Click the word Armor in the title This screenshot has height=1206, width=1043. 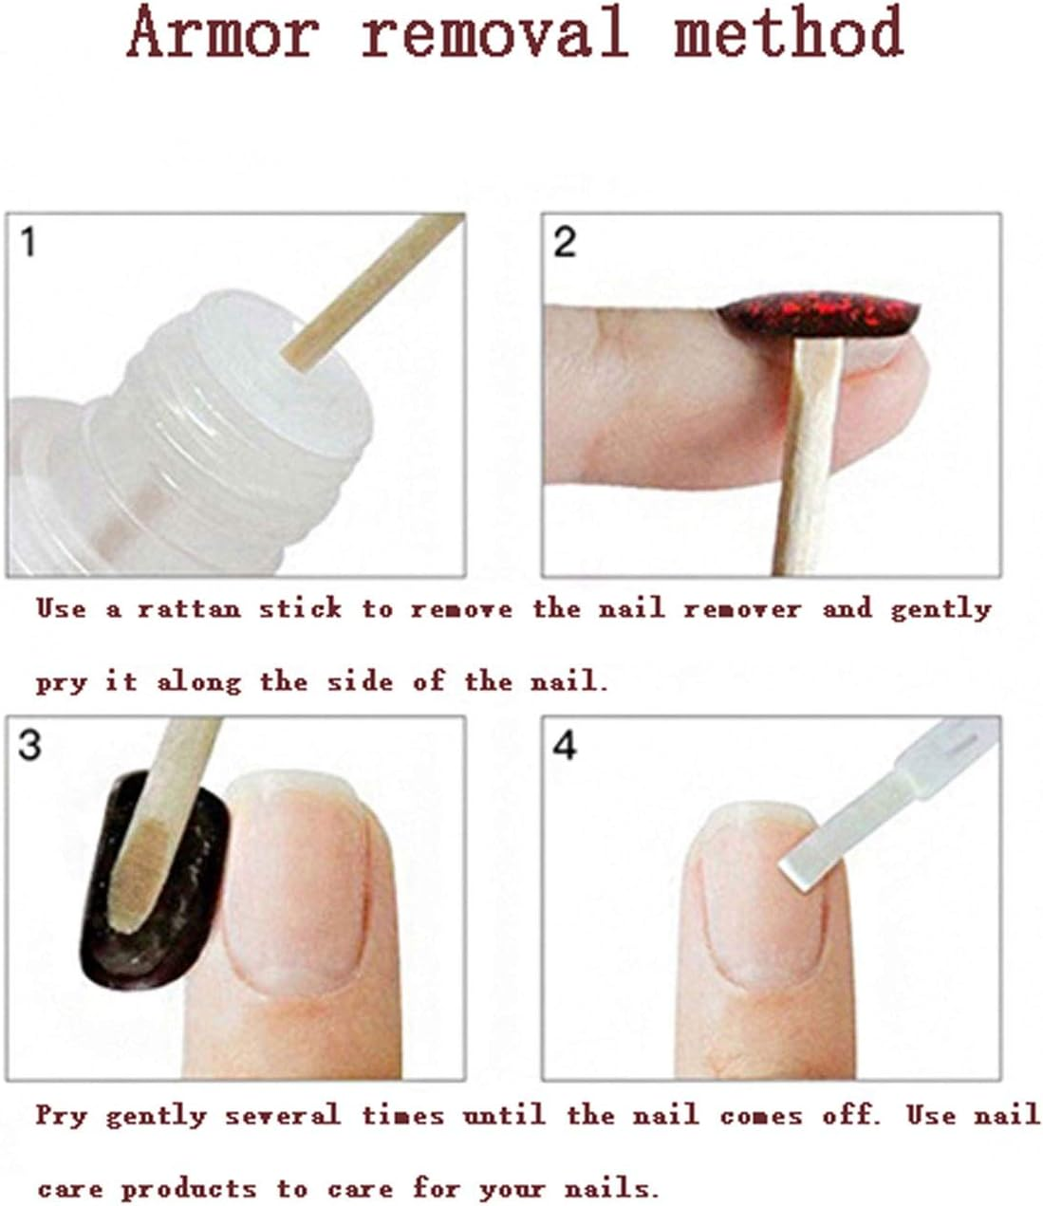click(x=223, y=33)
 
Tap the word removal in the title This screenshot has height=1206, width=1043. click(x=494, y=33)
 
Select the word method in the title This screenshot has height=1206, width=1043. click(x=788, y=33)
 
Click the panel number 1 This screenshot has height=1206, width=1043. click(x=28, y=243)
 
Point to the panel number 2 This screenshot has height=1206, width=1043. click(x=565, y=243)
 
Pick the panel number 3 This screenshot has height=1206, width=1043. click(x=29, y=746)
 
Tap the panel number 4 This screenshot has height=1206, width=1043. click(x=565, y=746)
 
